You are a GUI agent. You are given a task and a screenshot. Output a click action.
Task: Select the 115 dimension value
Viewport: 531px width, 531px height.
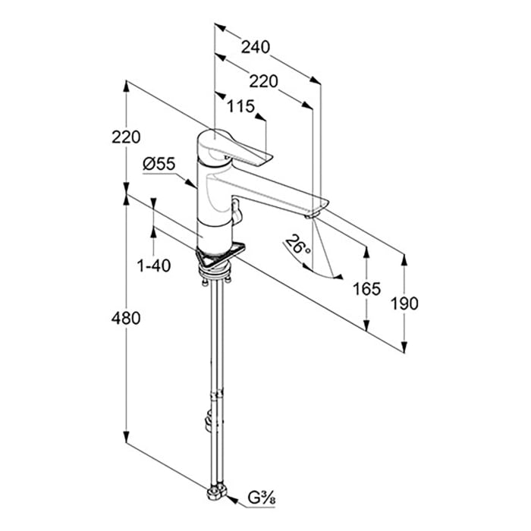click(240, 108)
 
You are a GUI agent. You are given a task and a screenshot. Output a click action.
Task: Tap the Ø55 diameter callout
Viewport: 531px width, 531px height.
click(158, 162)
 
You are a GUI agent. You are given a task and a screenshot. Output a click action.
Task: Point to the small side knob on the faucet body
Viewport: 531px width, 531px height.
click(236, 212)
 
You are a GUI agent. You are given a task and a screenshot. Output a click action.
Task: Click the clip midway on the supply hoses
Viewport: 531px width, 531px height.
click(218, 394)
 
